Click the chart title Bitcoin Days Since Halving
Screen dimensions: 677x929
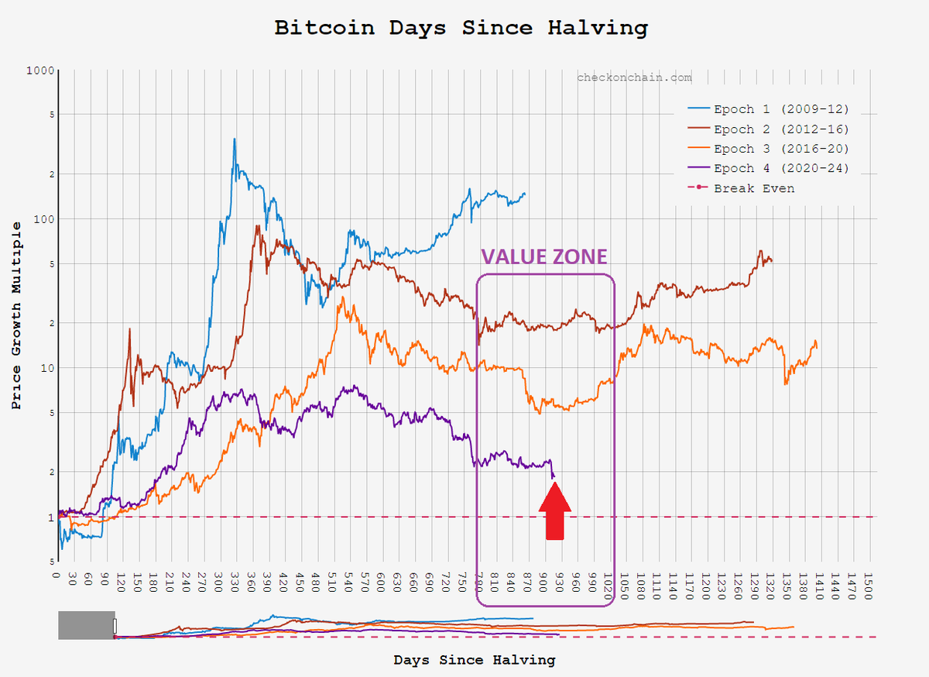[461, 29]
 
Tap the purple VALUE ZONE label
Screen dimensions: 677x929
[543, 257]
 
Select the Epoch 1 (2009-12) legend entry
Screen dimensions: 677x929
[780, 109]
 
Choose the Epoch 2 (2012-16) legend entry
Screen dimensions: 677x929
[780, 129]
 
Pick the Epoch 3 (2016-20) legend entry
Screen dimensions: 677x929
[780, 149]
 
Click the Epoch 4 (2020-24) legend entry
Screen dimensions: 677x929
[780, 168]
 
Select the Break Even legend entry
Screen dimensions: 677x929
[753, 188]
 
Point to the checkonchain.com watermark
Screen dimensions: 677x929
[634, 77]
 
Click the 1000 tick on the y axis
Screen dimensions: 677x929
[39, 70]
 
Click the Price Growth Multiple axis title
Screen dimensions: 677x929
[16, 315]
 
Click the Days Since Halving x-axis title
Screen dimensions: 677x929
[474, 660]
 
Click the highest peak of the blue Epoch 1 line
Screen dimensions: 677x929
[234, 139]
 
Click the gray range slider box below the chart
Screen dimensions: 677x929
[86, 625]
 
